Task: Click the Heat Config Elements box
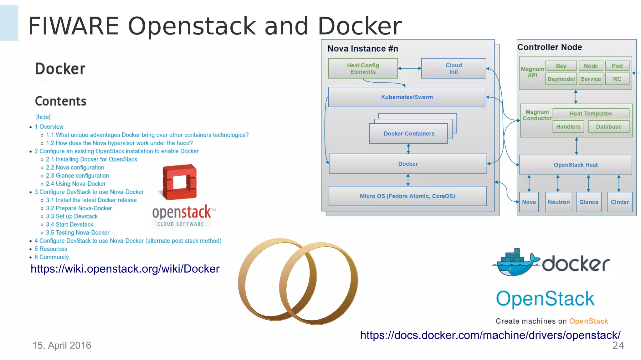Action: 363,68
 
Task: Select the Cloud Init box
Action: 454,68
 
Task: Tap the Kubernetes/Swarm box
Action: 407,97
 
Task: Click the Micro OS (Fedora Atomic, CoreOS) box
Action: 407,196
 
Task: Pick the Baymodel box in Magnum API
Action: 561,79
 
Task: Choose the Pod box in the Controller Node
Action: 617,66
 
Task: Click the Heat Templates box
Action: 591,113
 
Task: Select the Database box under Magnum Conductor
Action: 608,126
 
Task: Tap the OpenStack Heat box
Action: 576,165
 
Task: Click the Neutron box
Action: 559,202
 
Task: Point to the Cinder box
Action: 620,202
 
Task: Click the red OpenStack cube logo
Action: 180,182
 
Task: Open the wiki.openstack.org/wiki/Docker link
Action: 125,269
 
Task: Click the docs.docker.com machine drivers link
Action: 490,335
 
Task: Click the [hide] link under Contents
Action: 43,117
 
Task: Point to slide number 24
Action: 618,345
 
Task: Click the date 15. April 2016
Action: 62,345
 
